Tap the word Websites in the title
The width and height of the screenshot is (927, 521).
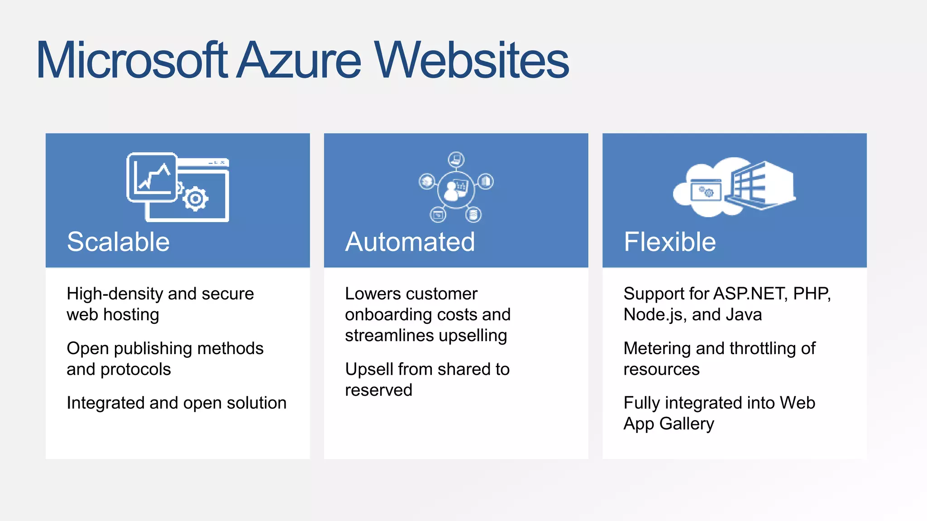[x=471, y=60]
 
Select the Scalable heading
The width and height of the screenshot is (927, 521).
[x=118, y=242]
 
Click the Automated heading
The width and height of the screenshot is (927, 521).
[x=410, y=242]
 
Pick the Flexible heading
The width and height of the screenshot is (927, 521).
[x=669, y=242]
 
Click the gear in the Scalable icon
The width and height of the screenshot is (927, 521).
[x=196, y=199]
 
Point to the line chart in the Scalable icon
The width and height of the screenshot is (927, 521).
[x=152, y=177]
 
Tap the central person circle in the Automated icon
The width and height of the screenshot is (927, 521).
[x=456, y=189]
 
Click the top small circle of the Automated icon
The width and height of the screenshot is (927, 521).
[x=456, y=159]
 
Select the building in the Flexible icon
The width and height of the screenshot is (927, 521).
[x=760, y=185]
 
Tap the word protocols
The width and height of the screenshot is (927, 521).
[x=136, y=369]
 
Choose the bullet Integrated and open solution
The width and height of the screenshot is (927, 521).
[x=177, y=403]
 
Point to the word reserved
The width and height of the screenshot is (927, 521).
[x=378, y=390]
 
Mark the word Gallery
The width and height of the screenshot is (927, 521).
[x=687, y=424]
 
